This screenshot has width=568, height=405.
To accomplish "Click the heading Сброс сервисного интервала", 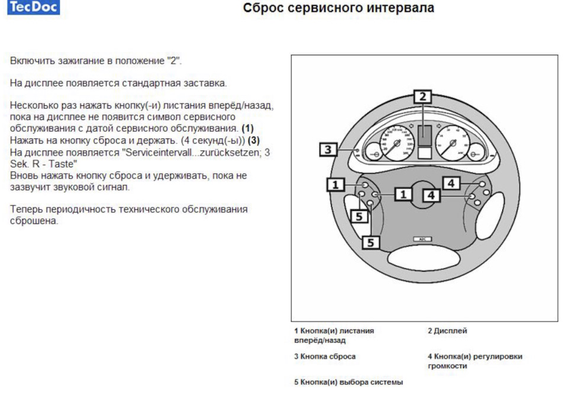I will pos(338,8).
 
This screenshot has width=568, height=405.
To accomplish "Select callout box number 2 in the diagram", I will pos(422,96).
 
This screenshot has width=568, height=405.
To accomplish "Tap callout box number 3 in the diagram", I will pos(328,150).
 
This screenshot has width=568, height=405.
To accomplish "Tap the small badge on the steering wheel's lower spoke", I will pos(422,239).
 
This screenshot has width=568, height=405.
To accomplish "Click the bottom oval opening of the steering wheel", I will pos(422,258).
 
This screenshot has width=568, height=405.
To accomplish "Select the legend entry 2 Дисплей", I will pos(447,331).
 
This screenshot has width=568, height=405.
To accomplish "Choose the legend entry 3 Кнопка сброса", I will pos(325,357).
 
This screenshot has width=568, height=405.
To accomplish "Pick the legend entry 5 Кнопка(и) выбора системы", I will pos(348,383).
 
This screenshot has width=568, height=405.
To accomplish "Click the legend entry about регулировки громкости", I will pos(475,361).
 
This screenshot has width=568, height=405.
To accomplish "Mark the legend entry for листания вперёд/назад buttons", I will pos(334,335).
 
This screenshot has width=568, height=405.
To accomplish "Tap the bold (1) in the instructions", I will pos(247,128).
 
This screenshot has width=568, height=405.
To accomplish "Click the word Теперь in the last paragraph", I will pos(24,209).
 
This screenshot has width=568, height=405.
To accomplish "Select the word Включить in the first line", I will pos(29,61).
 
